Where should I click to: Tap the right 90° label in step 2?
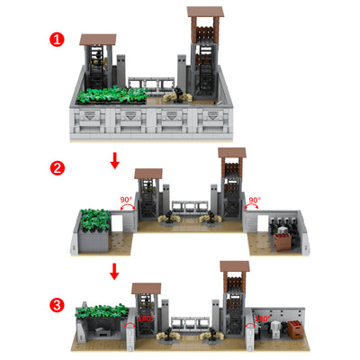tap(255, 201)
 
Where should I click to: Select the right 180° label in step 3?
tap(263, 319)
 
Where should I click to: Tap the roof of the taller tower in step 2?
tap(231, 154)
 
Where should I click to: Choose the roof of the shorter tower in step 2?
tap(148, 173)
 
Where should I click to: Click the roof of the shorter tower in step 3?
tap(146, 288)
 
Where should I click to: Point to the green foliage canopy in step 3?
tap(102, 310)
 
